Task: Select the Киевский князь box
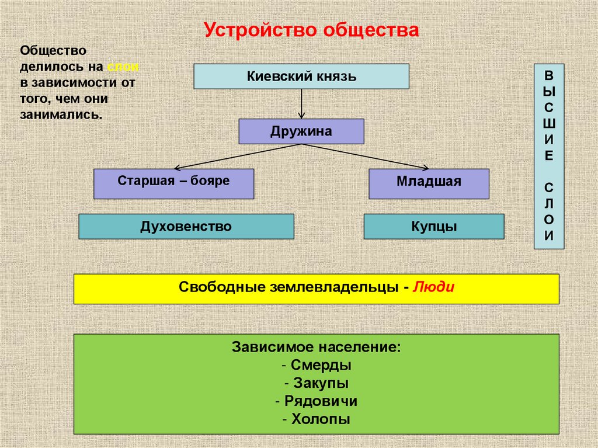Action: [301, 76]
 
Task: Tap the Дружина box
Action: [301, 131]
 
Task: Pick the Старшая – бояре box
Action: [173, 183]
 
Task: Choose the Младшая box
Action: [429, 183]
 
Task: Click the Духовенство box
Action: [186, 226]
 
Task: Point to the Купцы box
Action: [433, 226]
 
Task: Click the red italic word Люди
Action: [433, 287]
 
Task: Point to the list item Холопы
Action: [316, 419]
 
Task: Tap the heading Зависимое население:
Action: [316, 348]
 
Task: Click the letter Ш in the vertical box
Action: [549, 124]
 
